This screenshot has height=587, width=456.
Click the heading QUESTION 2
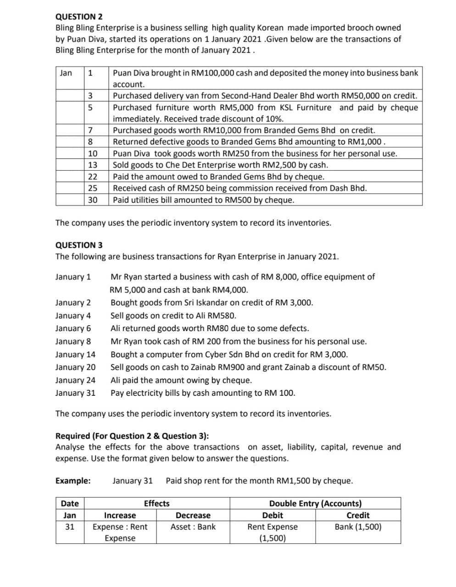pos(79,17)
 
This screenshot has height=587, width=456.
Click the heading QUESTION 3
pos(79,245)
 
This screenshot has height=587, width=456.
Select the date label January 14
pos(75,354)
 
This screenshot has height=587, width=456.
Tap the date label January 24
pos(75,380)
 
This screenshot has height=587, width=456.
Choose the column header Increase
pos(120,515)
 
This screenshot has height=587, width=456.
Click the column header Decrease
pos(193,515)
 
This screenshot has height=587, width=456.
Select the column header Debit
pos(272,515)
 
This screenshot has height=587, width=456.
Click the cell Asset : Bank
pos(193,527)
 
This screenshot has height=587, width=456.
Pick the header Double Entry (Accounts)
pos(315,504)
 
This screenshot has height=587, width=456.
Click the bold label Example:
pos(73,481)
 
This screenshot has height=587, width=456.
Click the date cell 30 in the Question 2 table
pos(92,200)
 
